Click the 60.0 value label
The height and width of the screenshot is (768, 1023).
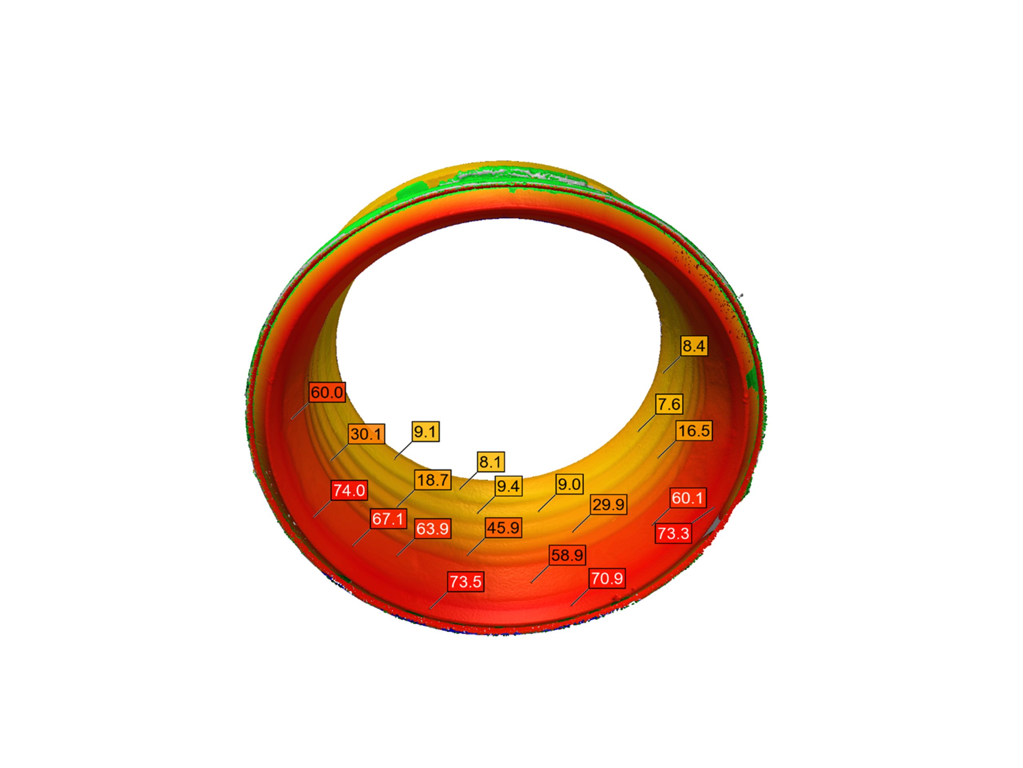[327, 392]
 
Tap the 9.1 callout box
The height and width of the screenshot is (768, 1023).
[425, 432]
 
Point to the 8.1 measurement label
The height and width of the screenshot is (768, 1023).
[490, 462]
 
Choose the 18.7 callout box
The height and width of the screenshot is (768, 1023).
[432, 480]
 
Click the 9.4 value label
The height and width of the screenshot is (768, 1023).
[508, 486]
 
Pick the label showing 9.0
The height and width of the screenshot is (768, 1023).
[569, 484]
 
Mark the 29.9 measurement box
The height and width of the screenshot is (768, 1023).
[609, 504]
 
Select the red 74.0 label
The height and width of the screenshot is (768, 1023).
[349, 490]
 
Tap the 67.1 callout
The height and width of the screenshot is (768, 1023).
[388, 518]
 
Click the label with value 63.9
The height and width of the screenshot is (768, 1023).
[432, 528]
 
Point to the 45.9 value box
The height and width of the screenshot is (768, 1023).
[503, 528]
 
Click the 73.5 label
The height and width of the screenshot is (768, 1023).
[466, 582]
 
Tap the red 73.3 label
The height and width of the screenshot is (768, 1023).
[673, 533]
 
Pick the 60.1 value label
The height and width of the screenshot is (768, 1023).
[688, 498]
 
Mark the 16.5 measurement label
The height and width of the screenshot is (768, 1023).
[694, 430]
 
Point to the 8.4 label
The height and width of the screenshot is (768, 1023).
[694, 346]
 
